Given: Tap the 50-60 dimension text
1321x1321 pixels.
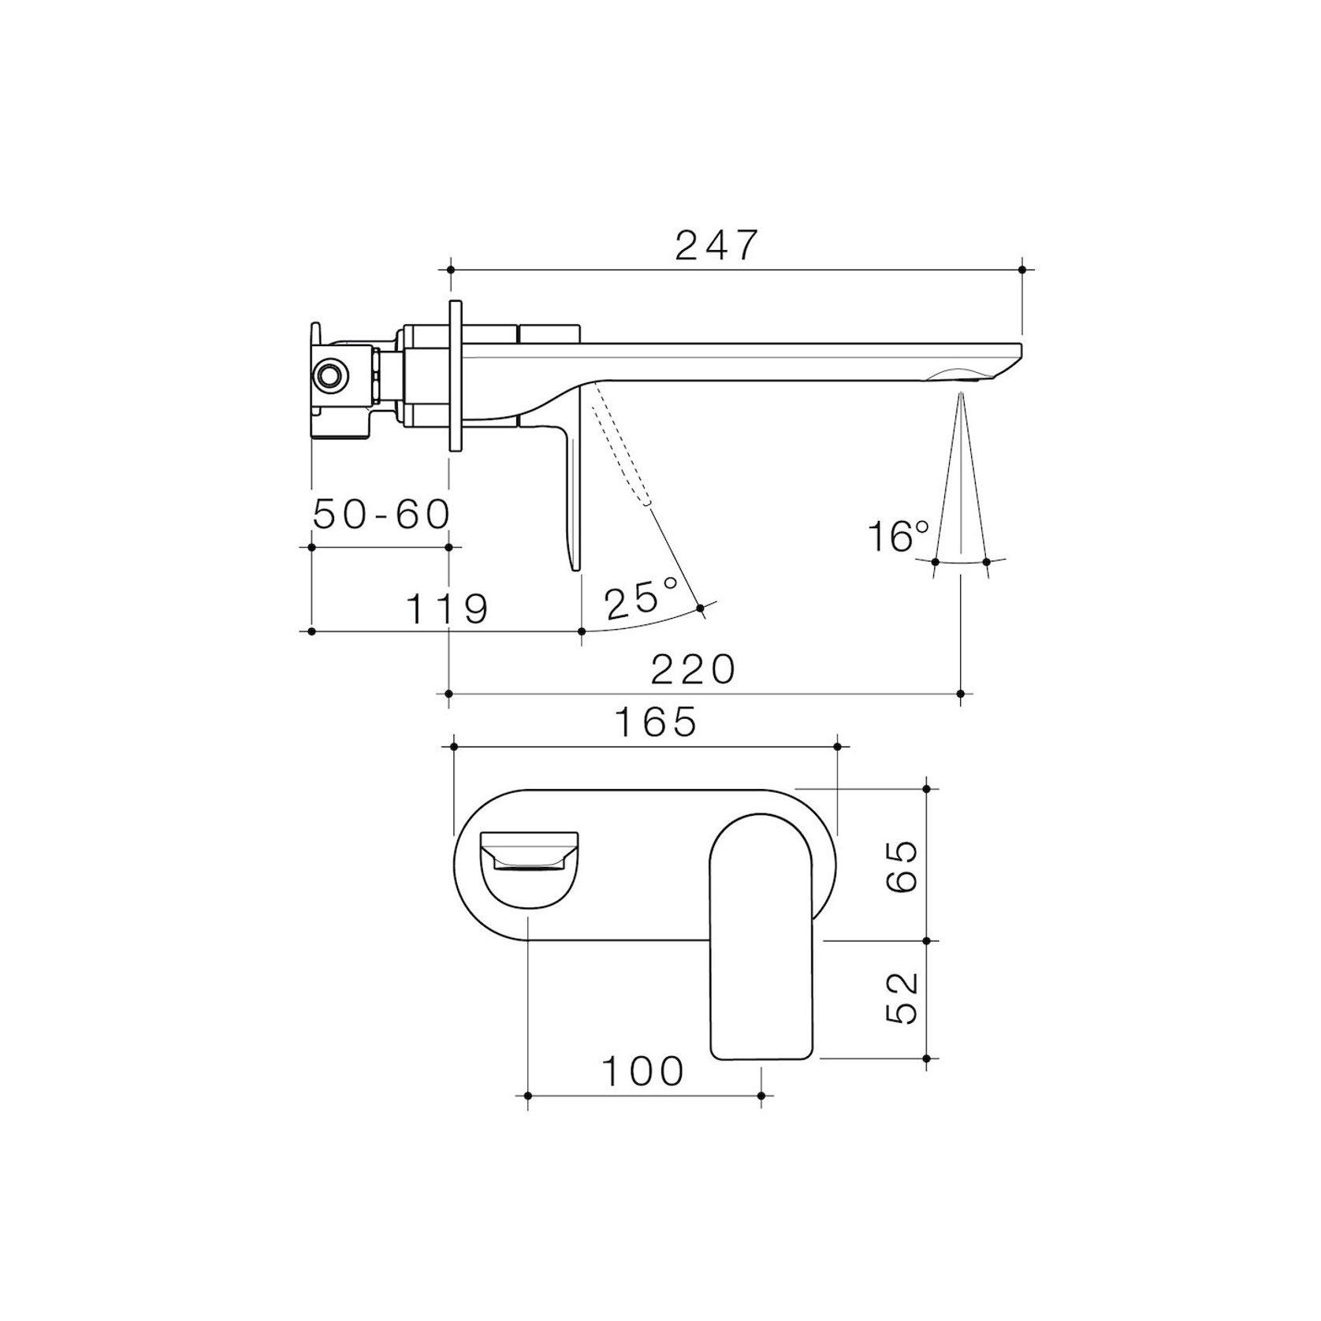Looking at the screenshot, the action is pyautogui.click(x=381, y=515).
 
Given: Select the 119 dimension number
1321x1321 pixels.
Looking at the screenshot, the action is pyautogui.click(x=447, y=608).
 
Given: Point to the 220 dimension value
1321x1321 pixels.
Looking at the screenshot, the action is pyautogui.click(x=694, y=670).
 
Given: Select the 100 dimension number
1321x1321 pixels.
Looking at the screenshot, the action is pyautogui.click(x=643, y=1071).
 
